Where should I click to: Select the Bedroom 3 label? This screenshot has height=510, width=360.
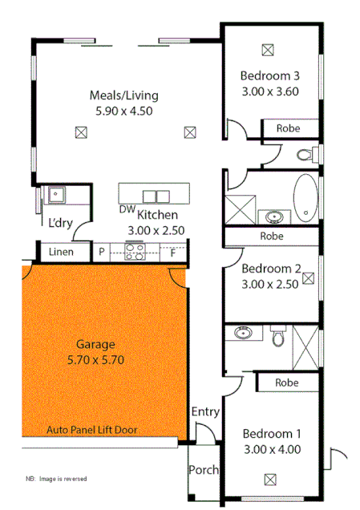[270, 76]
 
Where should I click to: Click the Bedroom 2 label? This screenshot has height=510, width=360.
[271, 269]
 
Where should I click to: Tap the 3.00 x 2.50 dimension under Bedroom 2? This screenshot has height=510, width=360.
[270, 283]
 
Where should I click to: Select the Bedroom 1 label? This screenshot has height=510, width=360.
[271, 434]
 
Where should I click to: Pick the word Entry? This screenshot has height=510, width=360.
[205, 411]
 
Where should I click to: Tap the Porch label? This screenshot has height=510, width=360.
[203, 470]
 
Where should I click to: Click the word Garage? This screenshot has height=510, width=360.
[95, 345]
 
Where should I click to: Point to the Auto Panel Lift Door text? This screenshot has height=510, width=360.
[91, 430]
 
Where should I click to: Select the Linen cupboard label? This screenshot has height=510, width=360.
[62, 252]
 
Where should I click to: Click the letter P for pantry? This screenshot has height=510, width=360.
[102, 252]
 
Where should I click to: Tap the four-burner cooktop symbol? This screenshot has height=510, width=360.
[134, 252]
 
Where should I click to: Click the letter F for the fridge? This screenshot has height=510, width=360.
[172, 252]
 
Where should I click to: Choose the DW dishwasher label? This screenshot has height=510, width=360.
[127, 209]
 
